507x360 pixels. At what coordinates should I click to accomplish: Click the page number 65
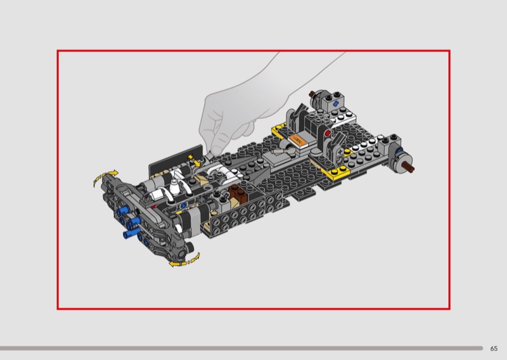(x=494, y=349)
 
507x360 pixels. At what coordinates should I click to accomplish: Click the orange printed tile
(x=297, y=141)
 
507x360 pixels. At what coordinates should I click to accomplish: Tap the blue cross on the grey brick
(x=336, y=104)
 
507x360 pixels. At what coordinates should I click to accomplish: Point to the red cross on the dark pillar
(x=328, y=132)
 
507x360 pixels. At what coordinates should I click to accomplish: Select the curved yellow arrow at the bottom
(x=184, y=260)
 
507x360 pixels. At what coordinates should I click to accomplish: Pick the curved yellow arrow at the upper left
(x=105, y=177)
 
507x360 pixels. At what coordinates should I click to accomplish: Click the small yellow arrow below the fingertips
(x=195, y=161)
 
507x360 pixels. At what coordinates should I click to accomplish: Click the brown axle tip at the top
(x=312, y=94)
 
